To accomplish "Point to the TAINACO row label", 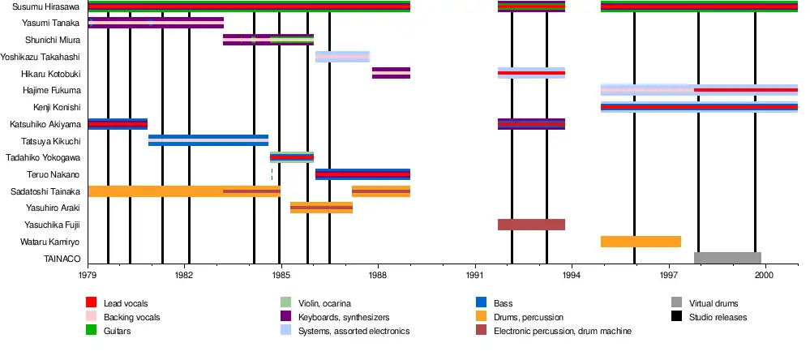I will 62,259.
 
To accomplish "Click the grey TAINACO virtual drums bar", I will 727,259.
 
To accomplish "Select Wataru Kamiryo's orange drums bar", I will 641,242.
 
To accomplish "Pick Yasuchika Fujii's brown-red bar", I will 531,225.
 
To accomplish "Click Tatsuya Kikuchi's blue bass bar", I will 208,140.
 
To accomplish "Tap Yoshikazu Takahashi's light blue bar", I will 342,57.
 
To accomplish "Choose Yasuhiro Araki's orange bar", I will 321,208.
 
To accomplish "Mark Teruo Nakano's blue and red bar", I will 362,174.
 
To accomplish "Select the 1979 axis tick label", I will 88,276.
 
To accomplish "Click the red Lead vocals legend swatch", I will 92,303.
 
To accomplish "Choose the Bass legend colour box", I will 482,303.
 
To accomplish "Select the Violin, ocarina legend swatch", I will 285,303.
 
